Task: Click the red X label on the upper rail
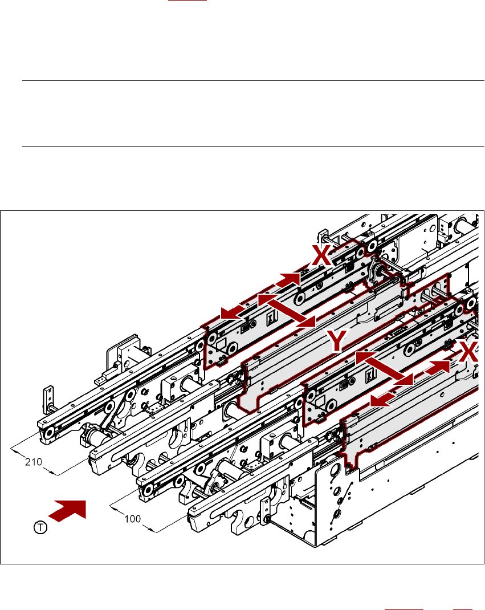(x=323, y=256)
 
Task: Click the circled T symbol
(x=39, y=528)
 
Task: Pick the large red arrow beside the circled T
(x=68, y=510)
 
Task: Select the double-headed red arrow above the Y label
(x=287, y=310)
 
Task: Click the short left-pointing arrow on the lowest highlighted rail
(x=382, y=400)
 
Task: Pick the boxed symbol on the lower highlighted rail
(x=369, y=375)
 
